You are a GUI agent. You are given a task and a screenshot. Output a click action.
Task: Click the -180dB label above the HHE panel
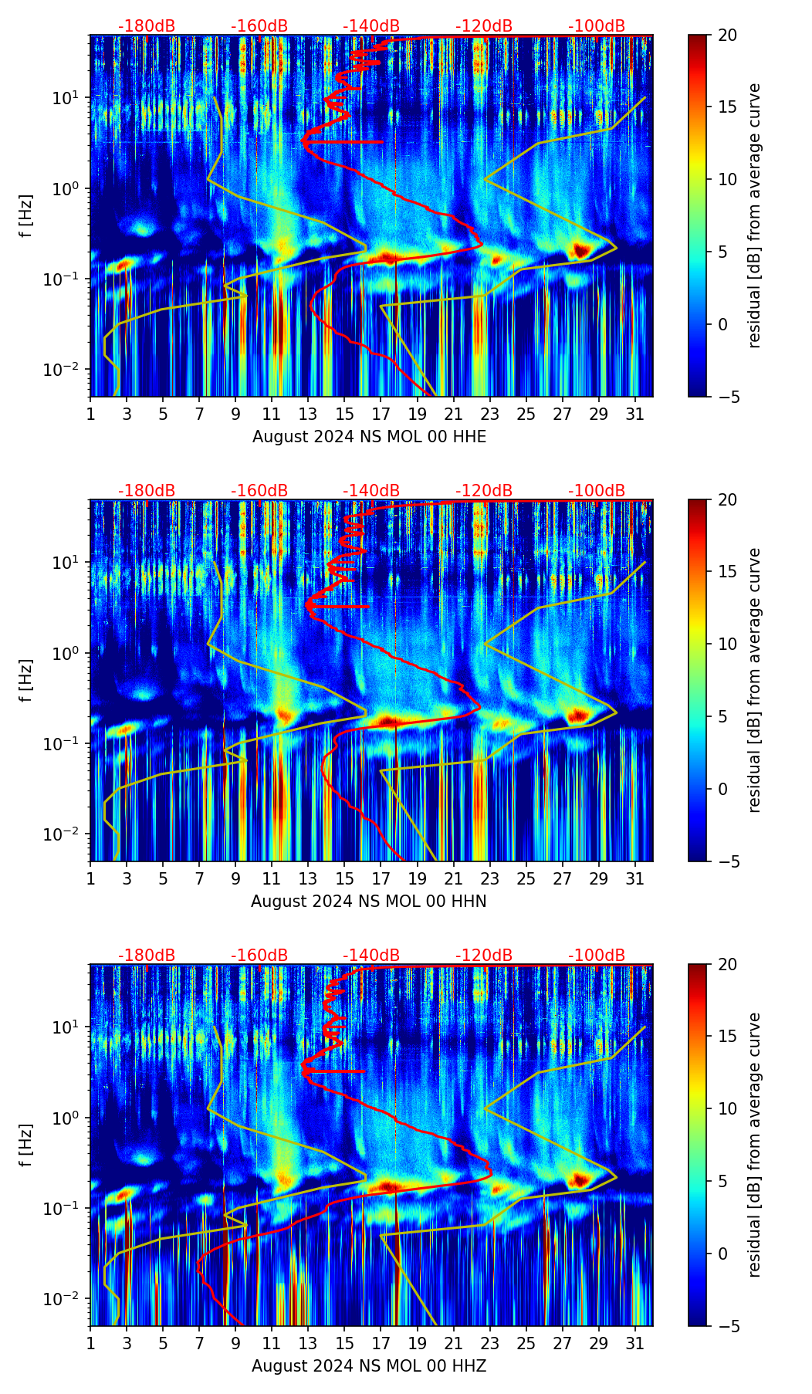[147, 26]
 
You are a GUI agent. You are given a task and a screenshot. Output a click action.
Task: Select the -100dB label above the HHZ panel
[597, 956]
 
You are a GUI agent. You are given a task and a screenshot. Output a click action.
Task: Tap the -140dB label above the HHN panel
[371, 491]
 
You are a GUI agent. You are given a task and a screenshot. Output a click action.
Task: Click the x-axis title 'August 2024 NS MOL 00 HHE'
[369, 437]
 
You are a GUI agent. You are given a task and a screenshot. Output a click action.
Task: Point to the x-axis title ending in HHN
[368, 902]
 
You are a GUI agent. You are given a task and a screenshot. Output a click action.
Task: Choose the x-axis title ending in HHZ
[368, 1366]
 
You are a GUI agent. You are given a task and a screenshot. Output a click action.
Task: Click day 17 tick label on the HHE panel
[381, 414]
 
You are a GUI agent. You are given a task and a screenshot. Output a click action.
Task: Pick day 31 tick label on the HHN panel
[635, 878]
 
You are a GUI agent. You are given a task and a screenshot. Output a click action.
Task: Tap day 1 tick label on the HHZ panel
[91, 1343]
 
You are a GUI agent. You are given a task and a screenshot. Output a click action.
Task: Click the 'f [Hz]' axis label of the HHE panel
[26, 216]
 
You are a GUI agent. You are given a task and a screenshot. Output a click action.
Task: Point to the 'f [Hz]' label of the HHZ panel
[26, 1145]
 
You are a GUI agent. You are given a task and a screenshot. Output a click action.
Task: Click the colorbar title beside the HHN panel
[755, 680]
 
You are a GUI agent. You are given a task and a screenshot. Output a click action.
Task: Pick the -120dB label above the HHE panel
[484, 26]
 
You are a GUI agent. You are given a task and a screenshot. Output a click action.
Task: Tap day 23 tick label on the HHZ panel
[490, 1343]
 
